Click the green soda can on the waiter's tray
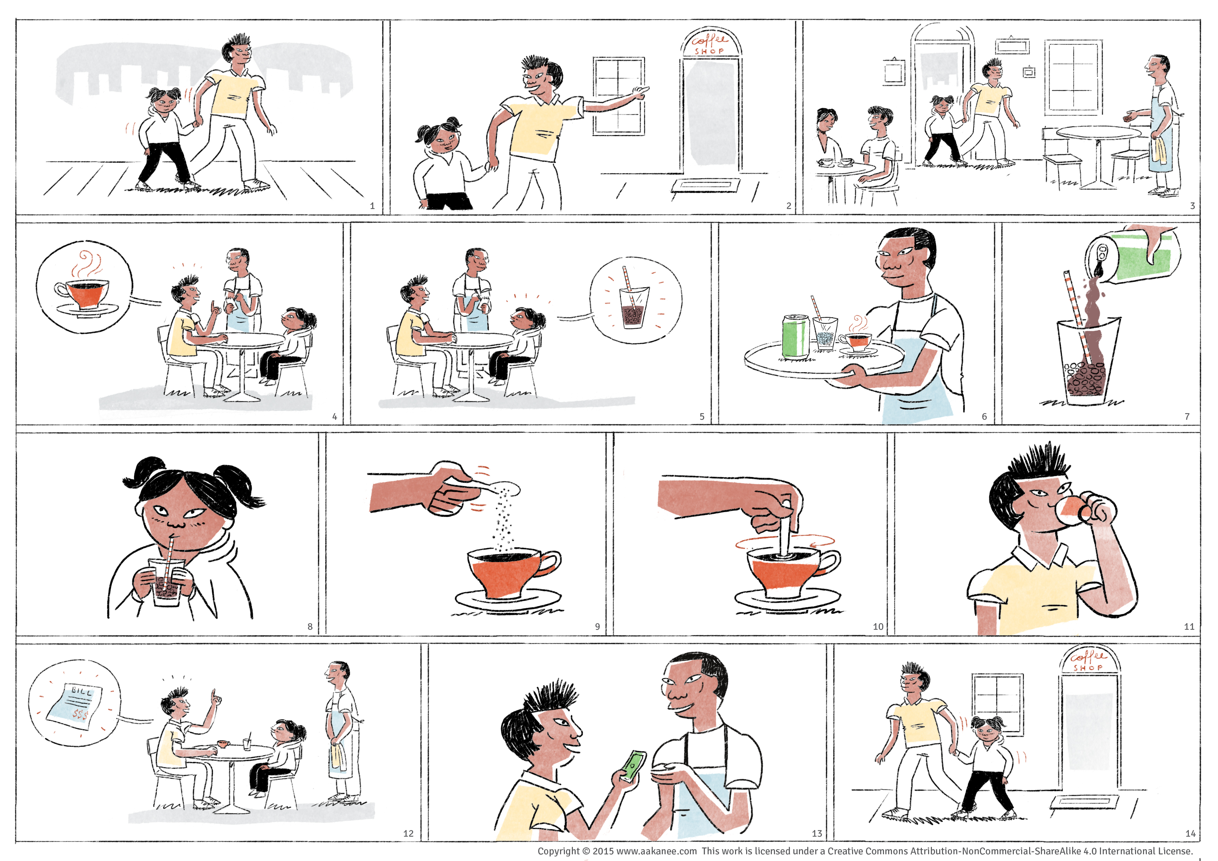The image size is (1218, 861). pos(796,336)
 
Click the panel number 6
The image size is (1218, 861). pos(985,417)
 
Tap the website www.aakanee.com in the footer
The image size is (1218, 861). pos(657,851)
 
